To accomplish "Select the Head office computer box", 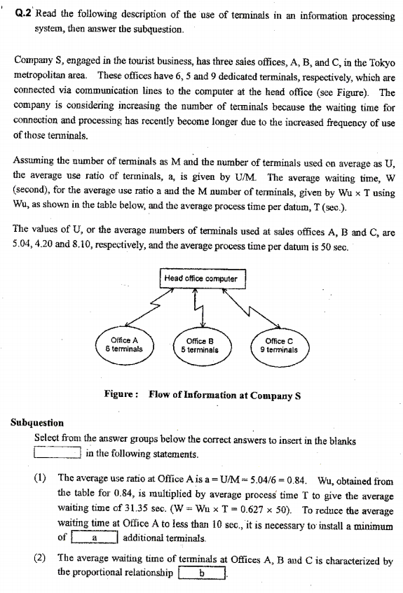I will click(200, 279).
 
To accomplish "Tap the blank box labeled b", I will click(201, 573).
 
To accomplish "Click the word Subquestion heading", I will click(38, 422).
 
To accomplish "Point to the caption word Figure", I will click(123, 394).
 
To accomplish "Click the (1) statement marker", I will click(40, 480).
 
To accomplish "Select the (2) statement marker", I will click(40, 559).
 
